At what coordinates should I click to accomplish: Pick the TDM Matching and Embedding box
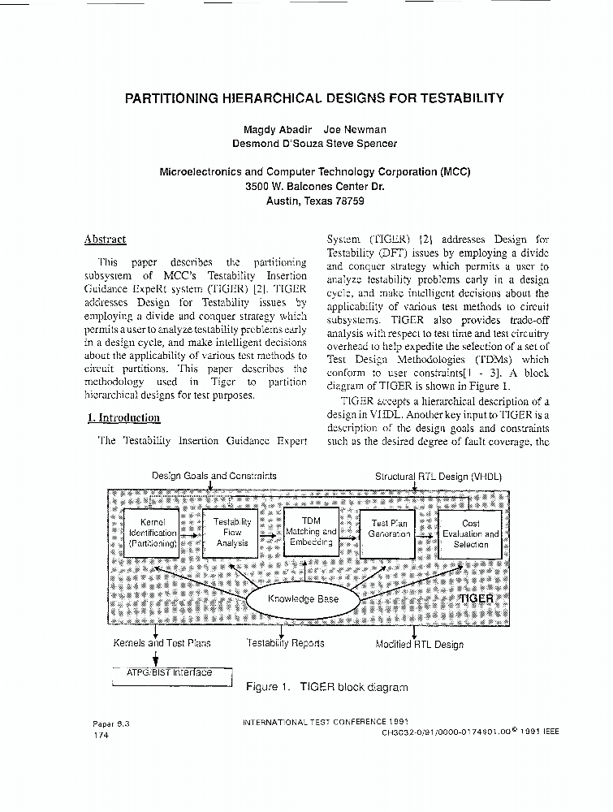(x=311, y=531)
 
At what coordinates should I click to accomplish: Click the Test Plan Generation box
(x=390, y=533)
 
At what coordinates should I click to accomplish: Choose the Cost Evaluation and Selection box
(x=471, y=533)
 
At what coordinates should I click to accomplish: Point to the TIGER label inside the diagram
(x=477, y=598)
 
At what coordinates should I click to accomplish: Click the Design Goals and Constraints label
(x=214, y=476)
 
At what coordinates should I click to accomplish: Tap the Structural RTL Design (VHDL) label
(x=438, y=476)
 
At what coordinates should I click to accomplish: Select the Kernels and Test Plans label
(x=162, y=643)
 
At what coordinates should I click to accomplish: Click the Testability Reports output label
(x=285, y=643)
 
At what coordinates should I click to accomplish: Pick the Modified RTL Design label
(x=420, y=645)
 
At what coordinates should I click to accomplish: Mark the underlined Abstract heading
(x=106, y=240)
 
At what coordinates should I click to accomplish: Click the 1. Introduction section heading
(x=123, y=417)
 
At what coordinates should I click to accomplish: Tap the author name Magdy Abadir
(x=275, y=130)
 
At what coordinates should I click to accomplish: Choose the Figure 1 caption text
(x=326, y=687)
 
